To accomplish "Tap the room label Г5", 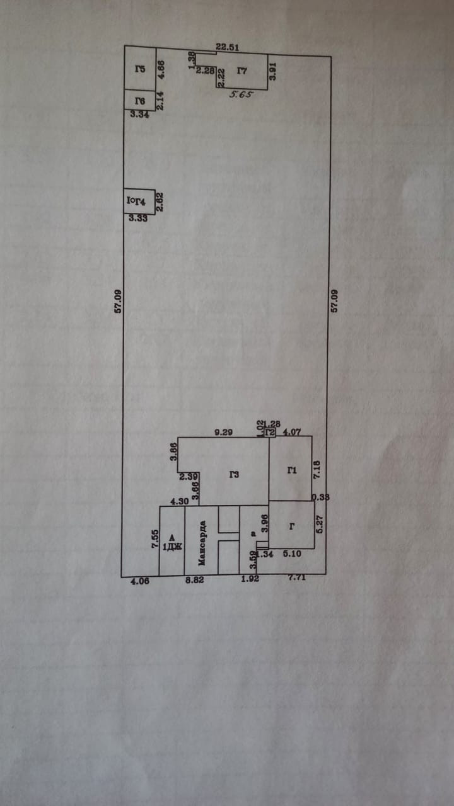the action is [x=140, y=69].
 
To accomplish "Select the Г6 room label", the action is [x=140, y=101].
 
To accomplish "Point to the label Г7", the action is [x=242, y=71].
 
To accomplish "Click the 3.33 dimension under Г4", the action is [x=138, y=219].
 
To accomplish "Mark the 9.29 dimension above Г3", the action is [x=224, y=432].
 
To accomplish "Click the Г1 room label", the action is [x=291, y=470].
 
